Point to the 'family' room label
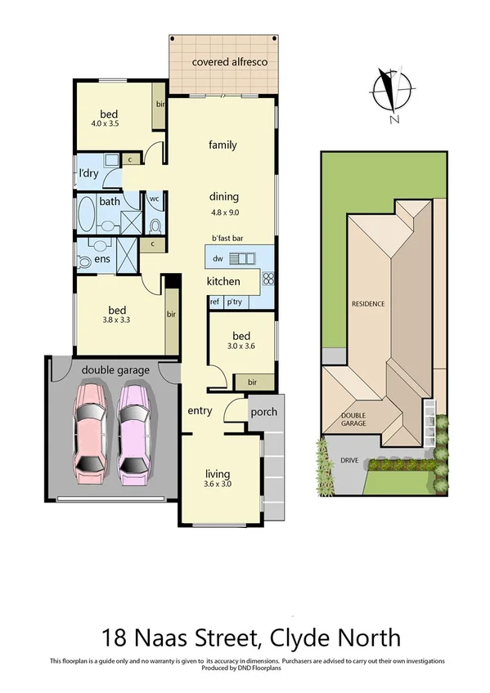coord(223,145)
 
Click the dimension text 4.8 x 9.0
coord(223,212)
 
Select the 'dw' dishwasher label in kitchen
coord(218,259)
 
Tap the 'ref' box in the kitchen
coord(215,302)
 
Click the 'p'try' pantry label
coord(236,302)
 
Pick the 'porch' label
coord(263,411)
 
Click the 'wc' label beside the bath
coord(154,199)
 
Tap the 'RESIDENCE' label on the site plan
coord(368,304)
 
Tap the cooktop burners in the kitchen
coord(267,280)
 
